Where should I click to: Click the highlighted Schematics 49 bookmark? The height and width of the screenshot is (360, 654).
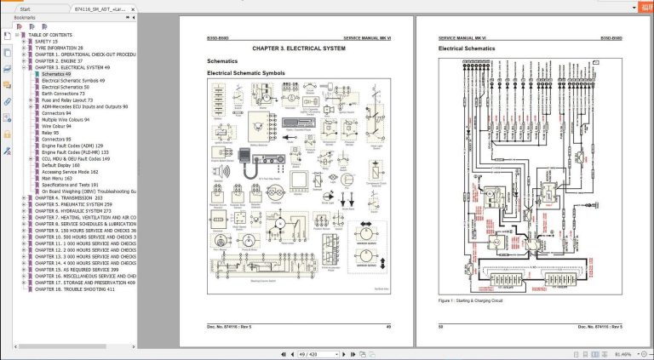click(x=57, y=74)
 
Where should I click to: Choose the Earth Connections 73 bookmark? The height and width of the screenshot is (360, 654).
click(x=67, y=94)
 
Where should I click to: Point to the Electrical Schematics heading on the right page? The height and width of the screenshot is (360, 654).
click(x=467, y=49)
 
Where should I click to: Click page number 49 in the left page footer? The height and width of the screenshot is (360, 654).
click(x=388, y=326)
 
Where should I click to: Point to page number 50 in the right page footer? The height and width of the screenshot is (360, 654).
click(x=441, y=326)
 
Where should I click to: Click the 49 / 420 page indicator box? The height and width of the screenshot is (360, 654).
click(x=307, y=353)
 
